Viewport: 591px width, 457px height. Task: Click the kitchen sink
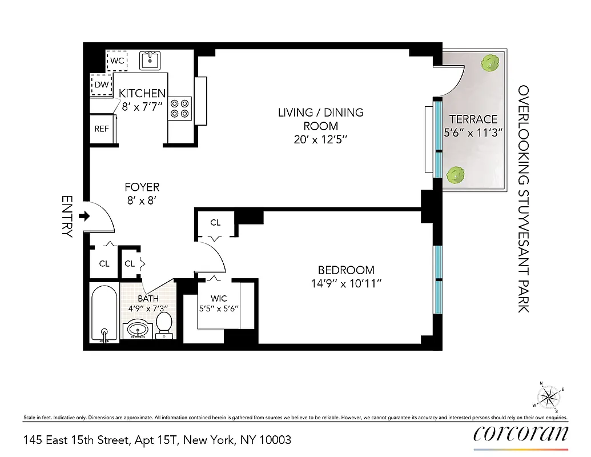click(150, 59)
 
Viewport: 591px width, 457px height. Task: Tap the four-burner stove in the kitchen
click(180, 109)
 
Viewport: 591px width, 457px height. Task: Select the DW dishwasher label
click(102, 85)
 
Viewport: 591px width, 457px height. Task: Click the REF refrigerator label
click(102, 129)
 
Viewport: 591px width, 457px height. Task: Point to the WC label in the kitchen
click(118, 60)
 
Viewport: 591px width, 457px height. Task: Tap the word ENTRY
click(67, 217)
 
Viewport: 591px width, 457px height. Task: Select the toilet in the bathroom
click(164, 324)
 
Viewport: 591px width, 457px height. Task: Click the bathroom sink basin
click(137, 330)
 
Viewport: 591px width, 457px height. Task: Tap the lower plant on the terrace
click(455, 174)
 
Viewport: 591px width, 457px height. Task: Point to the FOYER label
click(142, 187)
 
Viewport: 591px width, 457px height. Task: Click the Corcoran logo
click(521, 434)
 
